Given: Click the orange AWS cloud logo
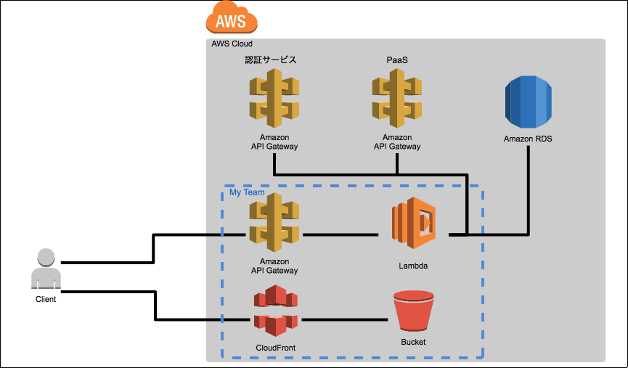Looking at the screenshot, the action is [x=232, y=17].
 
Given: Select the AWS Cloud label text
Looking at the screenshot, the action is [x=232, y=44].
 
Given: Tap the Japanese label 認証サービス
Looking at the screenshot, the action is [x=271, y=60].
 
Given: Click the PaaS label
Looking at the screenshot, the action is [x=397, y=60].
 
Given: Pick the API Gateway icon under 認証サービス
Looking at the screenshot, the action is [x=274, y=99].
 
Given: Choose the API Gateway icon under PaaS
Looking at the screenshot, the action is [x=397, y=99].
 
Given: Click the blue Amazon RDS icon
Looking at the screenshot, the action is [x=529, y=102].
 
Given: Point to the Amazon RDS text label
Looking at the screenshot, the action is [x=528, y=139].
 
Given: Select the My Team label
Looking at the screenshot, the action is [x=247, y=192].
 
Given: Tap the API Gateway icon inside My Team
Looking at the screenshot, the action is [x=274, y=223].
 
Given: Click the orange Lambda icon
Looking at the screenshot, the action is [x=414, y=223].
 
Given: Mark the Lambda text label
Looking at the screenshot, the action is [x=413, y=266].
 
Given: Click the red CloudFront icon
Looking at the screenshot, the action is [x=276, y=311].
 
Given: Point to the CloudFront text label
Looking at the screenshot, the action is [x=276, y=348].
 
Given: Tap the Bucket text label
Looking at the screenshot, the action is [x=413, y=342].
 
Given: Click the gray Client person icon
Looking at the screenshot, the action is [x=46, y=269].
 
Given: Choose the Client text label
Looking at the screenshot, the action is [x=46, y=299].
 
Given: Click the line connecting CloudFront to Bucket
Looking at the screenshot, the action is [x=344, y=319].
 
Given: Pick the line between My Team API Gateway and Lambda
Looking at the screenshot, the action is [x=340, y=234].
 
